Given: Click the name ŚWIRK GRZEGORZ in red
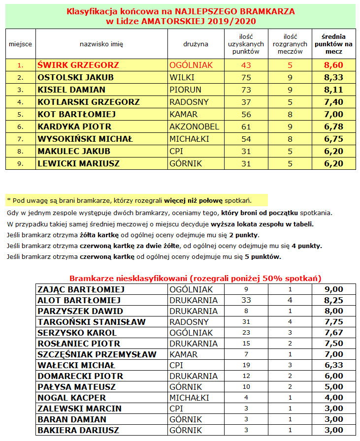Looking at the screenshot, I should [x=71, y=65].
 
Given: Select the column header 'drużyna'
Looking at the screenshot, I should [x=196, y=44].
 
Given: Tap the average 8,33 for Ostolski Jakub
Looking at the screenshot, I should [x=333, y=77].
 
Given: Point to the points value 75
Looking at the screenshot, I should [x=246, y=77].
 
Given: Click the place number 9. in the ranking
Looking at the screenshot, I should [x=20, y=163].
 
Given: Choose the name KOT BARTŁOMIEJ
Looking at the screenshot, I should [x=76, y=114].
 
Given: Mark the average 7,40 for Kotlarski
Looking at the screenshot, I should [x=333, y=102].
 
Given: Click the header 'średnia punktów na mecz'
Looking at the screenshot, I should [x=333, y=44].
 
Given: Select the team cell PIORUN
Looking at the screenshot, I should [x=184, y=90].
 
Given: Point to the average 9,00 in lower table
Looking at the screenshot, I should [x=333, y=289].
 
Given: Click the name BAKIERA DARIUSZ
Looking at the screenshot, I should [x=79, y=430].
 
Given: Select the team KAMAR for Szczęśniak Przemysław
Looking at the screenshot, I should [x=184, y=354].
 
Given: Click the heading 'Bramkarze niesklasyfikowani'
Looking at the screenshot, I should [x=195, y=278].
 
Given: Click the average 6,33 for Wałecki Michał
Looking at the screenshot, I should [x=333, y=365].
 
